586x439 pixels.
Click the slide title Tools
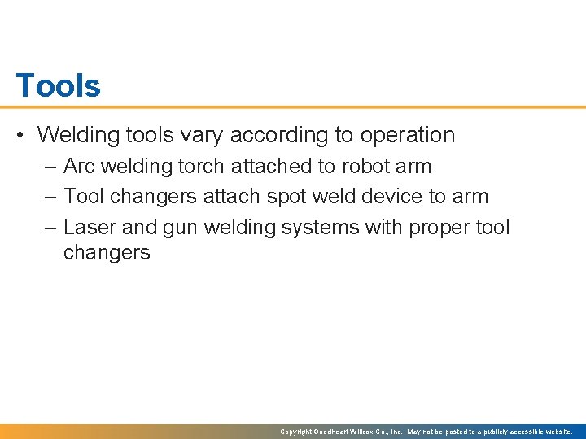59,85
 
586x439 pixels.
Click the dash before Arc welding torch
50,167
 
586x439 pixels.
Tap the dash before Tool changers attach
50,197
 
